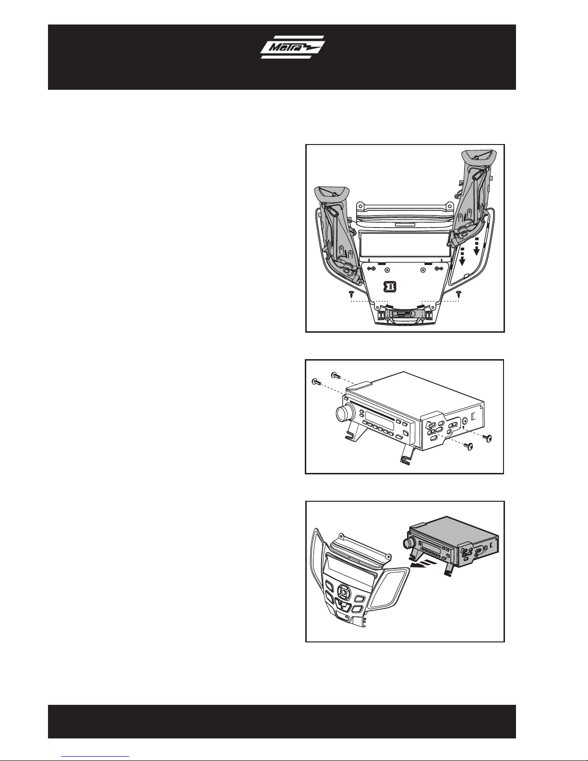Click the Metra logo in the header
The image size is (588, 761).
(293, 47)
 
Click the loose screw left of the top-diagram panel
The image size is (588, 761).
(351, 293)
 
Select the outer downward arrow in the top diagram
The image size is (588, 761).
(476, 247)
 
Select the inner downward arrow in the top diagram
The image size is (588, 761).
(462, 257)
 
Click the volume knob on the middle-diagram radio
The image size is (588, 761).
(342, 413)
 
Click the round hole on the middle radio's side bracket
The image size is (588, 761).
(465, 422)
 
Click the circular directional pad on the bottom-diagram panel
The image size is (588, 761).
(345, 592)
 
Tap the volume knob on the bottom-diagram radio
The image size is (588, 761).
(407, 544)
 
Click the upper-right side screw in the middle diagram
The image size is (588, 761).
(487, 437)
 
